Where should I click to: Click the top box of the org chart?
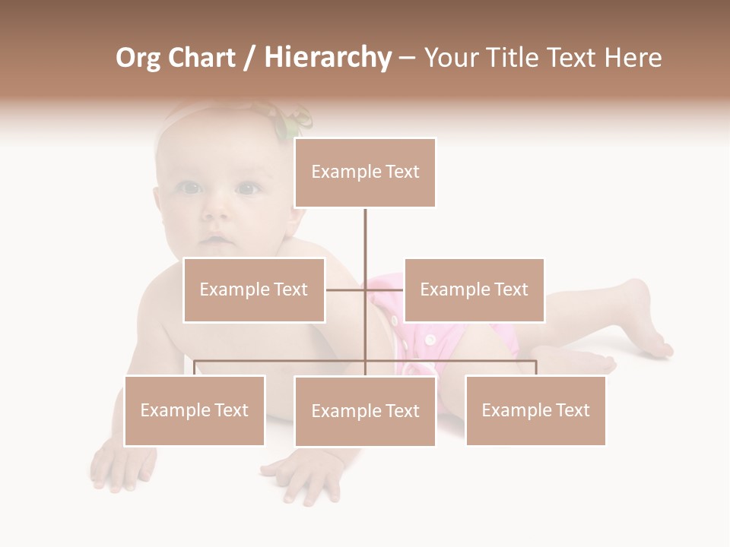365,172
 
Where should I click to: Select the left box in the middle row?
254,289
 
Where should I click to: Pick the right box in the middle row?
474,289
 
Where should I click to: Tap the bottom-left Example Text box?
195,410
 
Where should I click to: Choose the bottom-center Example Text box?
365,411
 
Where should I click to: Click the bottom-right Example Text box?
535,410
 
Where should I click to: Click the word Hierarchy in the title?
328,58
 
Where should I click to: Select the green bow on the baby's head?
293,122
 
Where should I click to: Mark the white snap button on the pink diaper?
430,339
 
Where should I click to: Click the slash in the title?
249,58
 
